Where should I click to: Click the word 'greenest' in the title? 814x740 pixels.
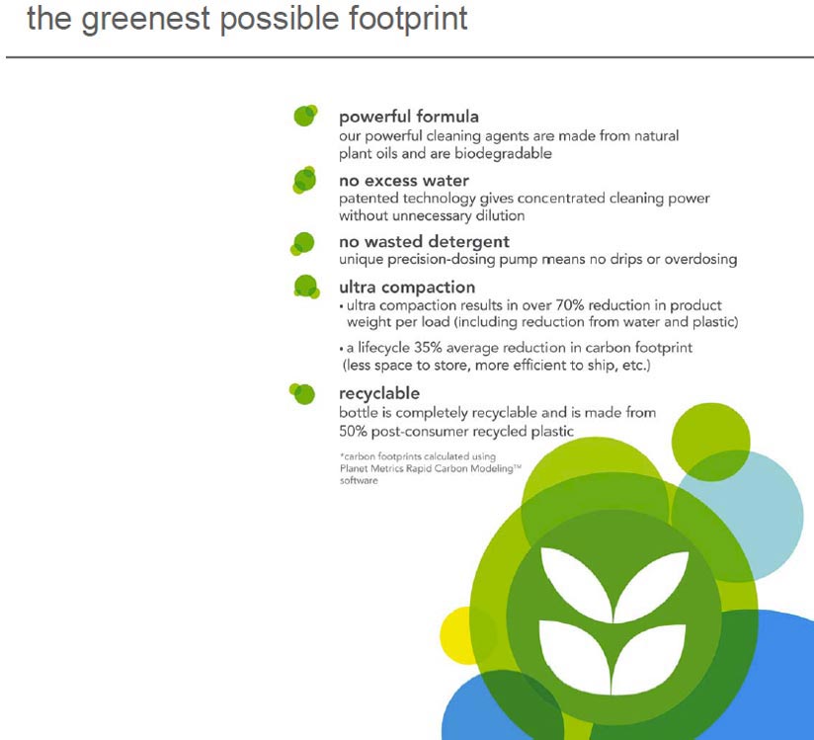[x=145, y=20]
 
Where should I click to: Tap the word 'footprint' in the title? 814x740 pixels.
[x=408, y=19]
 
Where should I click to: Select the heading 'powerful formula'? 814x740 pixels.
[x=409, y=118]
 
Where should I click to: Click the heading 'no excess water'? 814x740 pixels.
[x=404, y=181]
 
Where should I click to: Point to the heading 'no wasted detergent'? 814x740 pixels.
[x=424, y=242]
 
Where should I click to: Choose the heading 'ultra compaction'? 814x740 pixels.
[x=407, y=288]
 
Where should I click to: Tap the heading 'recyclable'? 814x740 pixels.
[x=379, y=393]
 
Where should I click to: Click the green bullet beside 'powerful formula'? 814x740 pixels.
[x=305, y=116]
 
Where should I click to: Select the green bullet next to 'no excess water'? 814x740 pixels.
[x=304, y=180]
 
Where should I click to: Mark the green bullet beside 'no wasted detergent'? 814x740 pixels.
[x=302, y=244]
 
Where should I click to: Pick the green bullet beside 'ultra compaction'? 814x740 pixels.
[x=306, y=287]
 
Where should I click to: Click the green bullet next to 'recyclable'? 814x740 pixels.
[x=302, y=393]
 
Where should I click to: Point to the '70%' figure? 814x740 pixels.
[x=569, y=305]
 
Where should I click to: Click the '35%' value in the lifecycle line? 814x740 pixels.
[x=428, y=348]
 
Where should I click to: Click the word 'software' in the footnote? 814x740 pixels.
[x=359, y=481]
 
